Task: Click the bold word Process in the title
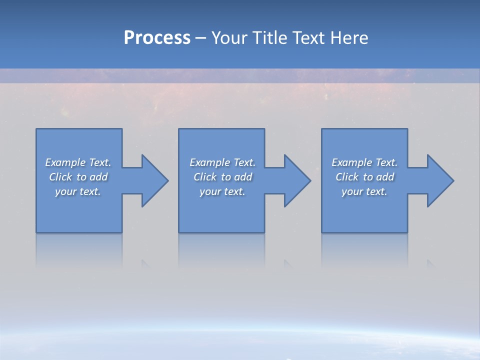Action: [157, 38]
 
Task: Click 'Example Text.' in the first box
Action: [78, 162]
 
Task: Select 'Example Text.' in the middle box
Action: [222, 162]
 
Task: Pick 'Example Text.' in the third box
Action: [364, 162]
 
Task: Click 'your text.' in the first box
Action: [78, 191]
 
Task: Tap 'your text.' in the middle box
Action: [222, 191]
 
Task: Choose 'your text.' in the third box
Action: [364, 191]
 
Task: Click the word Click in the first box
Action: [60, 177]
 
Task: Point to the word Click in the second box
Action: [205, 177]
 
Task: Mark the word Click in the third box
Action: [347, 177]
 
